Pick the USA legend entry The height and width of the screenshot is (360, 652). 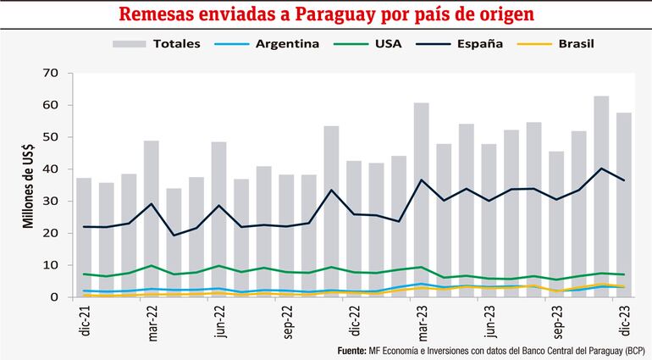[x=388, y=43]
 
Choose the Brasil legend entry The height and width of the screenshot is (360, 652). [x=576, y=43]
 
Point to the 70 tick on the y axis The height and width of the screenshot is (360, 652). [x=52, y=74]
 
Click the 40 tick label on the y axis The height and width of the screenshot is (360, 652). [x=52, y=169]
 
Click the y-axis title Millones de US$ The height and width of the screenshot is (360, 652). [x=28, y=186]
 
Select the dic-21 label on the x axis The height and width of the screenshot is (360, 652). [x=84, y=322]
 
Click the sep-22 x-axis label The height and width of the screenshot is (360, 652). [x=286, y=323]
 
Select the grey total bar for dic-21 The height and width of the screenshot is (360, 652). [x=84, y=237]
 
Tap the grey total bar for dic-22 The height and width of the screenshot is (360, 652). [x=354, y=229]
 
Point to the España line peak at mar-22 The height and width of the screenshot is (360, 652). [x=152, y=204]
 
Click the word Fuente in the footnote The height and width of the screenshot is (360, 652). [x=351, y=351]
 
